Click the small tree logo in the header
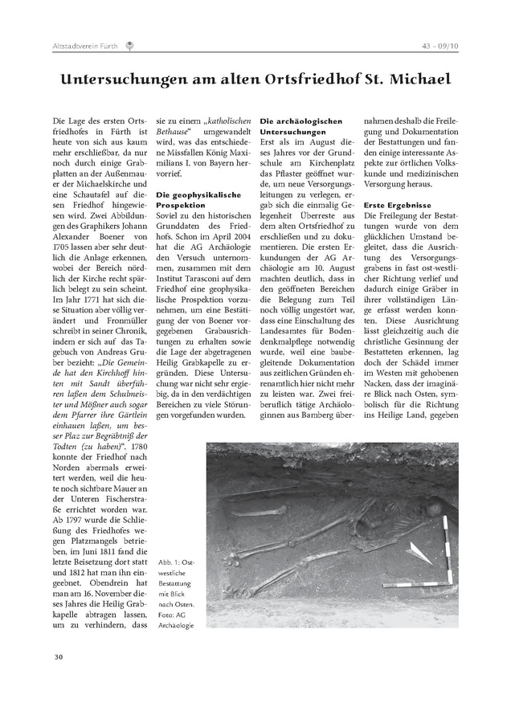coord(130,46)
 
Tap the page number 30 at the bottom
coord(59,657)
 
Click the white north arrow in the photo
coord(419,552)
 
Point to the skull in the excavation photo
coord(434,508)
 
